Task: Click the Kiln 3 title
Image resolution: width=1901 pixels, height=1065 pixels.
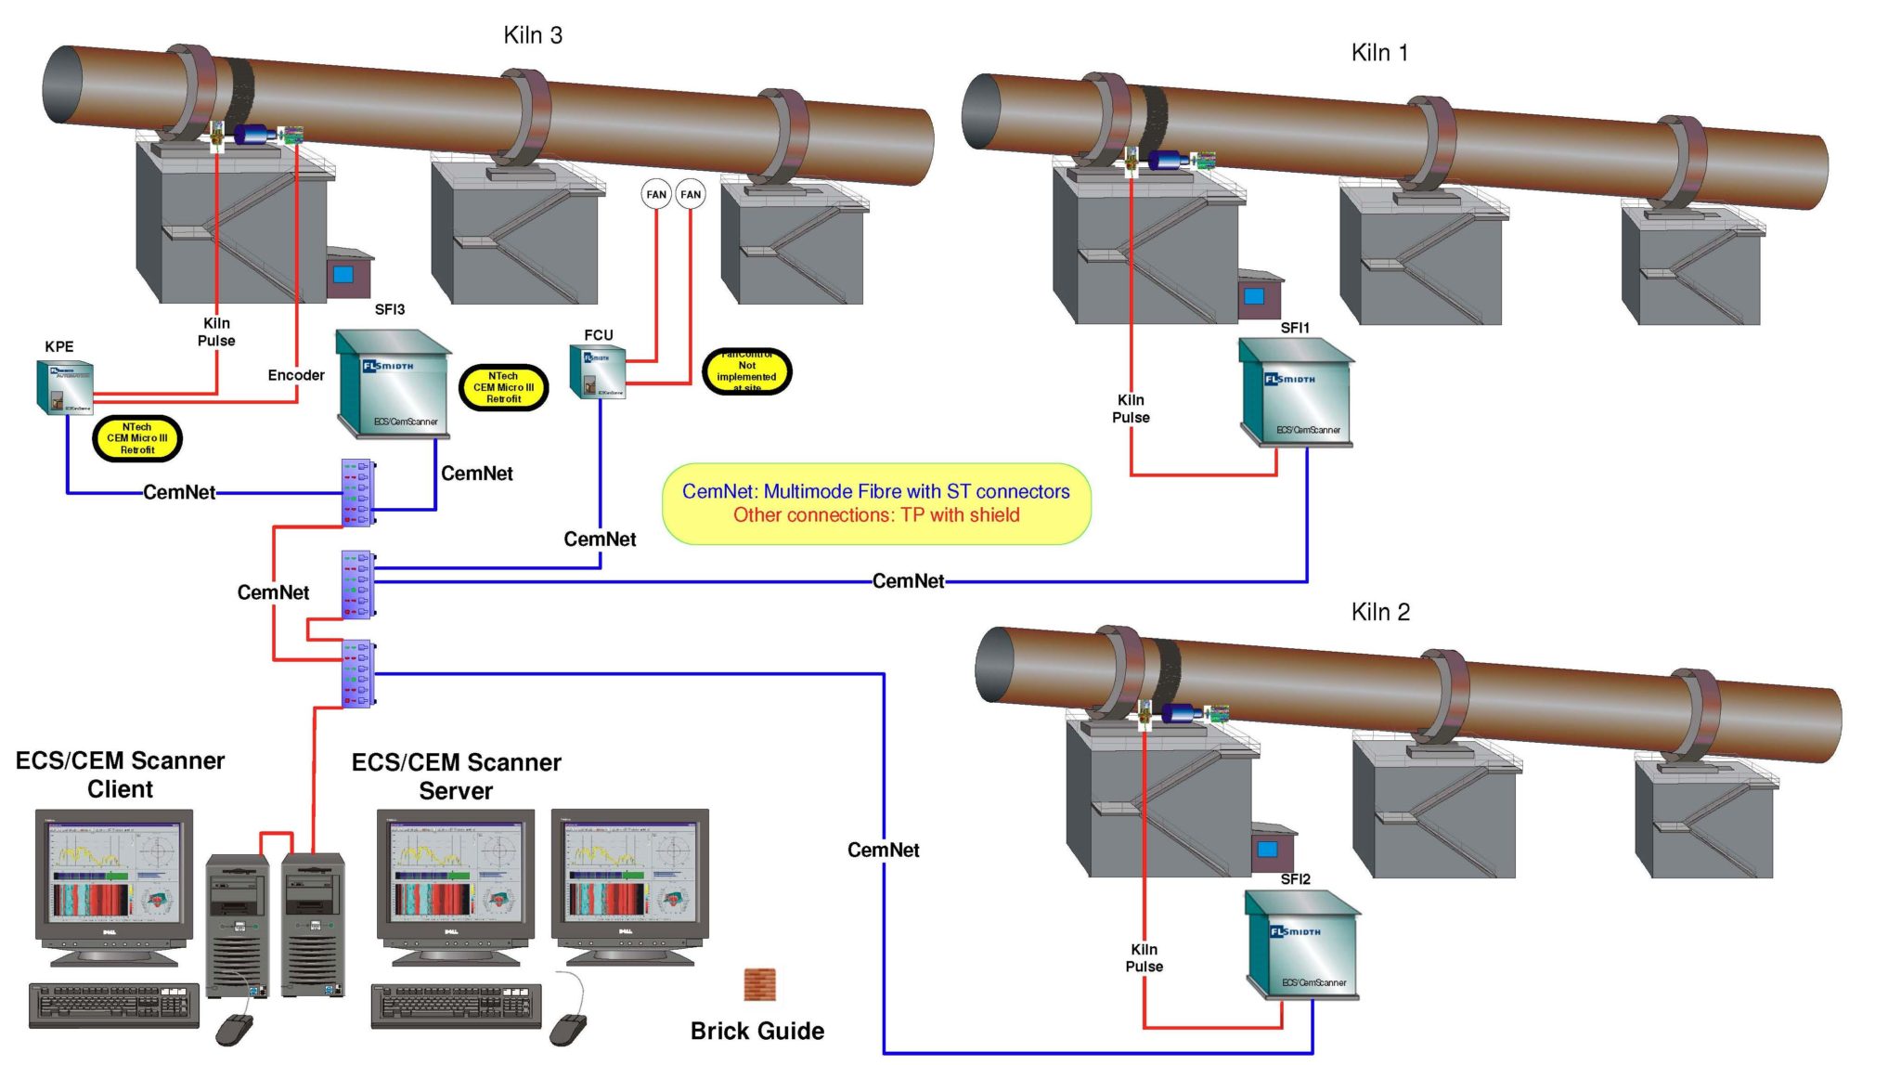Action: tap(533, 35)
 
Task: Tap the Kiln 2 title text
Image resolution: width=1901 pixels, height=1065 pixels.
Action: tap(1380, 612)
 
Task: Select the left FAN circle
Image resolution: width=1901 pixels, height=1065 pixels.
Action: tap(656, 194)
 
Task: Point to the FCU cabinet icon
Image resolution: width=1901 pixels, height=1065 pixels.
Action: tap(599, 371)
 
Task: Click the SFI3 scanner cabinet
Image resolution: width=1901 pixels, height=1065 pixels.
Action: tap(394, 382)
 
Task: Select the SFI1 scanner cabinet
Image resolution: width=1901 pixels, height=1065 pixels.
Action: tap(1296, 392)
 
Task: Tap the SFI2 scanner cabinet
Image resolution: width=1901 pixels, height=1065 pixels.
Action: tap(1302, 944)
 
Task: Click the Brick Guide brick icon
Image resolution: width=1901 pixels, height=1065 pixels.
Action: tap(759, 984)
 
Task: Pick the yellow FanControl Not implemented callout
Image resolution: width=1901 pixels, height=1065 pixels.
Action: tap(746, 371)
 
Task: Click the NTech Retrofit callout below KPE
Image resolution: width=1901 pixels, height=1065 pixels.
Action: tap(137, 438)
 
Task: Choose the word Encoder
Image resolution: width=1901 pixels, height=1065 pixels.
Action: tap(296, 375)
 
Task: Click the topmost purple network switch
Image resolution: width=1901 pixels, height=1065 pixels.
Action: tap(357, 492)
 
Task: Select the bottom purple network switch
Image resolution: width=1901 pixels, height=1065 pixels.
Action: tap(357, 673)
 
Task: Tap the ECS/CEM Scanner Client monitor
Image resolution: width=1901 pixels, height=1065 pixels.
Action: tap(114, 877)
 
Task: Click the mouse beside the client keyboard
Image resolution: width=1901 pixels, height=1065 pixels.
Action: tap(234, 1028)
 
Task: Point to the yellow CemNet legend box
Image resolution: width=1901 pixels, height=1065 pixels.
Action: tap(875, 503)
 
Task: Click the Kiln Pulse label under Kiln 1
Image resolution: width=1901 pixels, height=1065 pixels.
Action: tap(1131, 409)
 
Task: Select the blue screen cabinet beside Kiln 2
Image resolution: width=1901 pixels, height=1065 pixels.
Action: tap(1269, 848)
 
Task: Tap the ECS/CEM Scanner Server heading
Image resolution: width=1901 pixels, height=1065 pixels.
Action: tap(456, 776)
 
